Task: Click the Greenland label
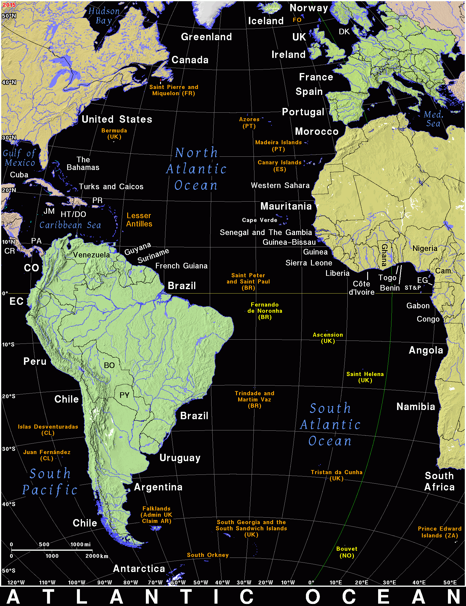206,37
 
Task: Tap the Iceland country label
266,21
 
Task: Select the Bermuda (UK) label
114,134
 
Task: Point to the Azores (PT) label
249,123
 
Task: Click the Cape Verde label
259,220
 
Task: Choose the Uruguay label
180,458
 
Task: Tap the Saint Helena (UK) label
365,377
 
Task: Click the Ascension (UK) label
328,338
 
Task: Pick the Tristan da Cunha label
336,475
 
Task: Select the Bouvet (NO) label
347,552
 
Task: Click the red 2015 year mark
9,5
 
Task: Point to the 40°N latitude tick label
9,82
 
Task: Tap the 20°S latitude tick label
9,396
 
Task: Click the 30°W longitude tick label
244,583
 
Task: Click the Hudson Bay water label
104,16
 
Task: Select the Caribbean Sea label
70,225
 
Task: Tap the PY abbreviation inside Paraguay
124,395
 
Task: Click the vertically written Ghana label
384,255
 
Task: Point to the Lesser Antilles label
139,220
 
